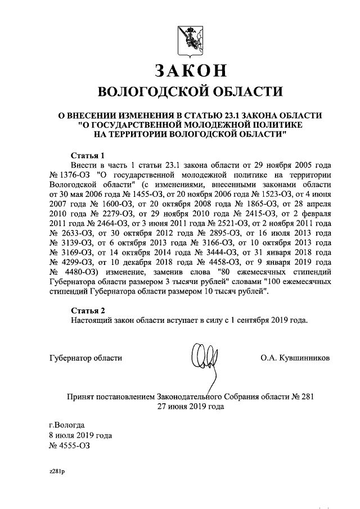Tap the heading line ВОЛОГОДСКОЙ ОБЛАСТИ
[x=190, y=92]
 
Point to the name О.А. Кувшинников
[x=295, y=357]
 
